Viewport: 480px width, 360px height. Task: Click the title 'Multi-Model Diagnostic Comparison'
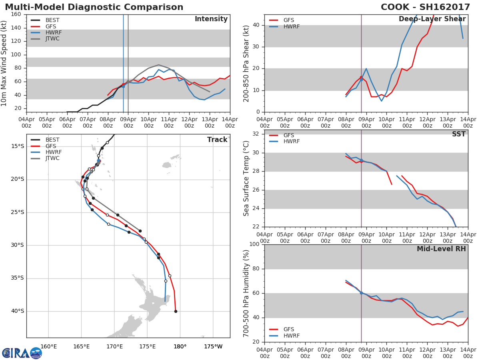[x=94, y=7]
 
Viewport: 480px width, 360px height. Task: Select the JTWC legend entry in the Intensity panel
[x=52, y=39]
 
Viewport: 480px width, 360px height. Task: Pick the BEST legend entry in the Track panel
[x=52, y=140]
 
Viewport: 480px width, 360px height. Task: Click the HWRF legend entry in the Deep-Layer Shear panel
[x=291, y=26]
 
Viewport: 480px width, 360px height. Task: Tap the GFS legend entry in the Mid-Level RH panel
[x=291, y=329]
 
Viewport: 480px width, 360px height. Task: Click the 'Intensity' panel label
[x=211, y=19]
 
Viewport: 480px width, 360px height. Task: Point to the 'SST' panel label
[x=458, y=134]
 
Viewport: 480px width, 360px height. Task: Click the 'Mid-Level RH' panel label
[x=441, y=249]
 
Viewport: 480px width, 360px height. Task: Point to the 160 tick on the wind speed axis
[x=16, y=14]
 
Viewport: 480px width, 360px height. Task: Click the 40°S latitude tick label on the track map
[x=18, y=311]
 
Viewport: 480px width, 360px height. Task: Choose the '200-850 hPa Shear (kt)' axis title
[x=246, y=63]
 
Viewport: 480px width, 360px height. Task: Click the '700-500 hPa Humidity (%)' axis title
[x=246, y=293]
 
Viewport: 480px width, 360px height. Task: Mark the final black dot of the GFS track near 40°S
[x=176, y=311]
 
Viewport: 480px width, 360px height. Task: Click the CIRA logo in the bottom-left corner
[x=22, y=353]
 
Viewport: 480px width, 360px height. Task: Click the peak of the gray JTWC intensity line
[x=158, y=65]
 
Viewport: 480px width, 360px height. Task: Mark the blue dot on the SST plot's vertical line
[x=361, y=160]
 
